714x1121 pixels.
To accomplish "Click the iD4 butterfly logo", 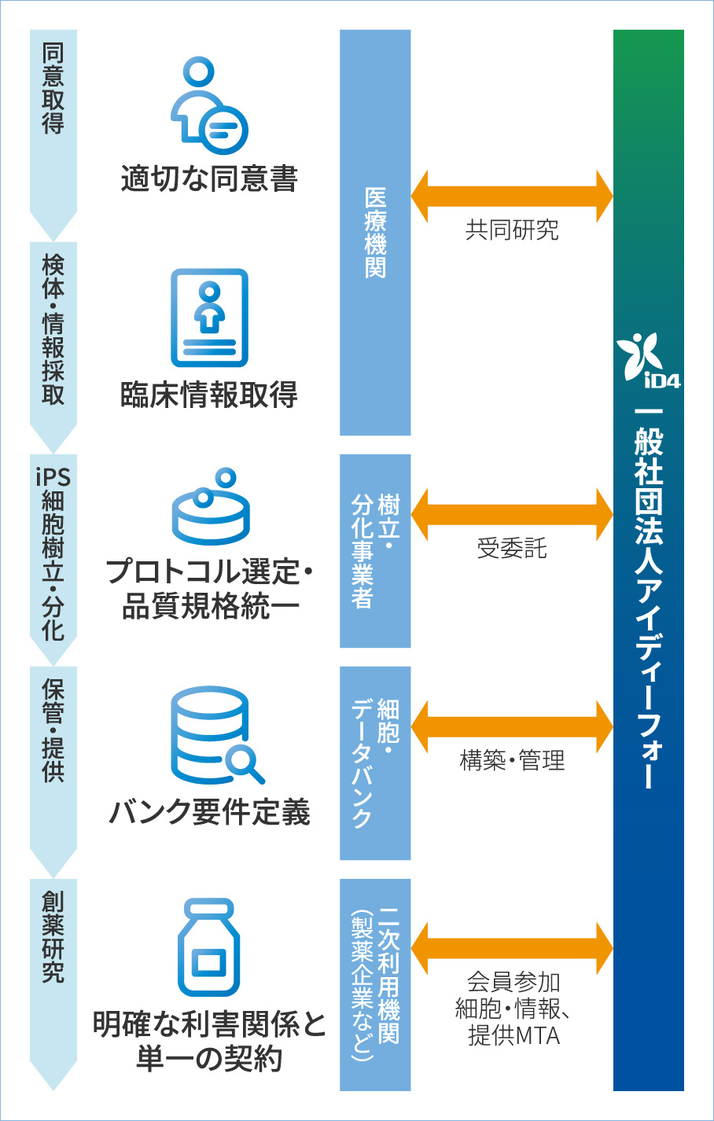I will pos(647,360).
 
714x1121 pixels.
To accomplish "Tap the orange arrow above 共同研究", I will pos(511,195).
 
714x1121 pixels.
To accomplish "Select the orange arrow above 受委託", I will pos(511,514).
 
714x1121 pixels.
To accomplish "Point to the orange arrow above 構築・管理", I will pos(511,726).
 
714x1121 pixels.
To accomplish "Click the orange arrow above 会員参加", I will pos(511,948).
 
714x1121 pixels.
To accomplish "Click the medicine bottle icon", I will pos(208,947).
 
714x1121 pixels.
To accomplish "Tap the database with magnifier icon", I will pos(215,735).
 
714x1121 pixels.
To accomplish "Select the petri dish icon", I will pos(210,507).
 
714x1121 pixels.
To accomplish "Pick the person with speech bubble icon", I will pos(209,106).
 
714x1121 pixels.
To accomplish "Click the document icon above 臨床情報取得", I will pos(209,318).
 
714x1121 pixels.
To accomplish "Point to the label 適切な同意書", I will pos(209,179).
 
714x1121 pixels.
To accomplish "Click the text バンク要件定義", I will pos(209,812).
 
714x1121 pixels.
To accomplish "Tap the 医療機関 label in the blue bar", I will pos(375,233).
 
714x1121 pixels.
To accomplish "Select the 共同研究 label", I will pos(512,230).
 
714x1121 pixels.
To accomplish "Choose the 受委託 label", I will pos(512,549).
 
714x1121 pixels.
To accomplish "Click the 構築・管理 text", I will pos(512,761).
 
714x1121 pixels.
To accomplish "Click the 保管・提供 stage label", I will pos(53,730).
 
